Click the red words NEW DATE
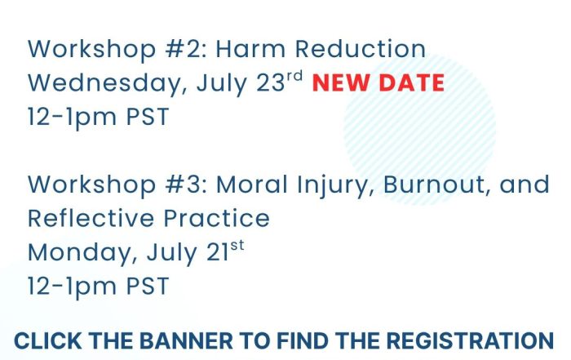point(378,82)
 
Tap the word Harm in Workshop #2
point(251,49)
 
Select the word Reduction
point(361,49)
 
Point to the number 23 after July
point(271,83)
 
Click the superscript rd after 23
point(294,76)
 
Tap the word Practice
point(217,218)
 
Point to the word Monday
point(82,252)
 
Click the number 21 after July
point(218,252)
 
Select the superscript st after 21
point(237,246)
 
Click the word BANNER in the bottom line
point(186,341)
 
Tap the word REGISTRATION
point(470,341)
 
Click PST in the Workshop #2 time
point(148,117)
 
